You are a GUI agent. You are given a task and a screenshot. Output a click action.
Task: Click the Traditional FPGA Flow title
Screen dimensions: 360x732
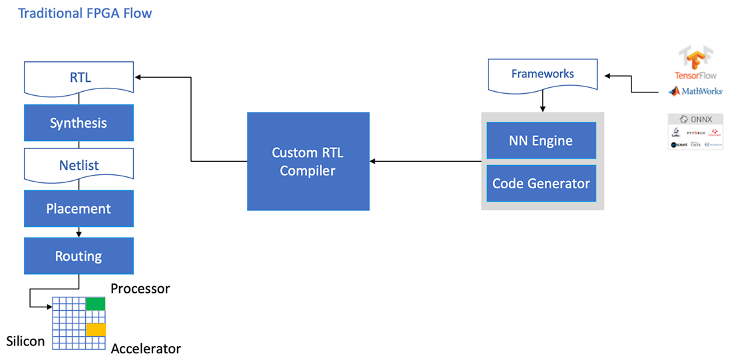(x=85, y=13)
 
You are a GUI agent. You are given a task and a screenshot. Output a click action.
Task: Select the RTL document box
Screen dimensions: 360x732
(x=79, y=78)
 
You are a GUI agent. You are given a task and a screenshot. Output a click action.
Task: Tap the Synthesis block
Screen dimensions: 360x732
(x=79, y=122)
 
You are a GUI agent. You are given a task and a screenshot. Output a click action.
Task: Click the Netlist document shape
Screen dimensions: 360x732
(x=79, y=166)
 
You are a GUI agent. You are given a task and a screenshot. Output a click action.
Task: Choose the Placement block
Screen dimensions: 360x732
(x=79, y=208)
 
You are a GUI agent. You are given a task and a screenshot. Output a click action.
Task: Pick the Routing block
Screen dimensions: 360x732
(x=79, y=256)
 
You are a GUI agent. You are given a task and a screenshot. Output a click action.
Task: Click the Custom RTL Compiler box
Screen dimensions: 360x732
(x=307, y=161)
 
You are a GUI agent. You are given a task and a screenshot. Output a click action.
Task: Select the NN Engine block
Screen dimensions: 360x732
(x=541, y=140)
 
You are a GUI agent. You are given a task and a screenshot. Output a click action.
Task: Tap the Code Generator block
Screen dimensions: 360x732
(x=541, y=183)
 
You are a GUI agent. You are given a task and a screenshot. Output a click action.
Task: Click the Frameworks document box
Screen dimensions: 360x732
(x=542, y=75)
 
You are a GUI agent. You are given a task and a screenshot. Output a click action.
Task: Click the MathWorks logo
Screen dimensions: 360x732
(x=695, y=90)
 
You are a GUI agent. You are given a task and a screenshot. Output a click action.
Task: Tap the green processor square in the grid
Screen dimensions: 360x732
(x=95, y=304)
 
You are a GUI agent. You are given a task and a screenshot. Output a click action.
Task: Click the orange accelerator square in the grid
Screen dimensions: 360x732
(x=95, y=329)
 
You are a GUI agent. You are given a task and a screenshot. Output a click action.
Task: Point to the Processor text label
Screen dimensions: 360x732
(x=140, y=289)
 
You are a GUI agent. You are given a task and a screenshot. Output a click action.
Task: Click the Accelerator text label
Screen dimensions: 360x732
(x=146, y=349)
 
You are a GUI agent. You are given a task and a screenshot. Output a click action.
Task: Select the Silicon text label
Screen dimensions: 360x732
(x=25, y=341)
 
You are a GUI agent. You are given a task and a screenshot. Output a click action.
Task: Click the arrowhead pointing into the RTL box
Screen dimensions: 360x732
(x=138, y=77)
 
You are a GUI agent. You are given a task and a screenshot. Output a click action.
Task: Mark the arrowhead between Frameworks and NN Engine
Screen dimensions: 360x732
(x=543, y=108)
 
